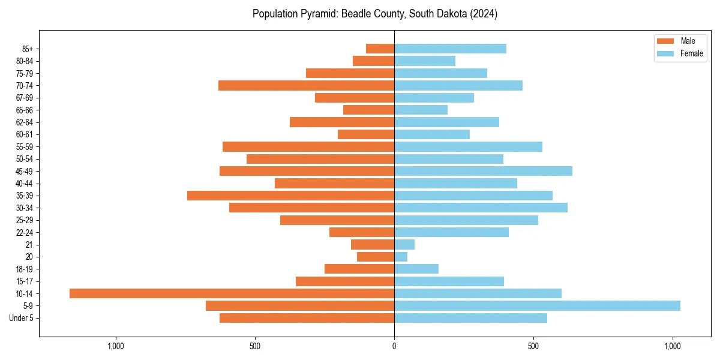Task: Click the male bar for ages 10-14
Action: point(232,293)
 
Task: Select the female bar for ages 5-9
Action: point(537,305)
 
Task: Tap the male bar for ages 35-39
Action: point(290,196)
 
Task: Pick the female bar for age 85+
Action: point(450,49)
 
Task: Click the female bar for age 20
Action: point(401,257)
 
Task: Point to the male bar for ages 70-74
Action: point(306,85)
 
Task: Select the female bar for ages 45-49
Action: point(483,171)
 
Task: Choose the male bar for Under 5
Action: point(307,318)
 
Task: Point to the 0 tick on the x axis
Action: point(394,346)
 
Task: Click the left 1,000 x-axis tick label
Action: point(115,346)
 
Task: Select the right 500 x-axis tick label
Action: point(533,346)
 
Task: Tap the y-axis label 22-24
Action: point(25,232)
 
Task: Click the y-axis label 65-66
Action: point(25,110)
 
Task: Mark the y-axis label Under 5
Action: point(22,318)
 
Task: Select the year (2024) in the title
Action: point(484,13)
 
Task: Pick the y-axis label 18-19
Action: point(25,269)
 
